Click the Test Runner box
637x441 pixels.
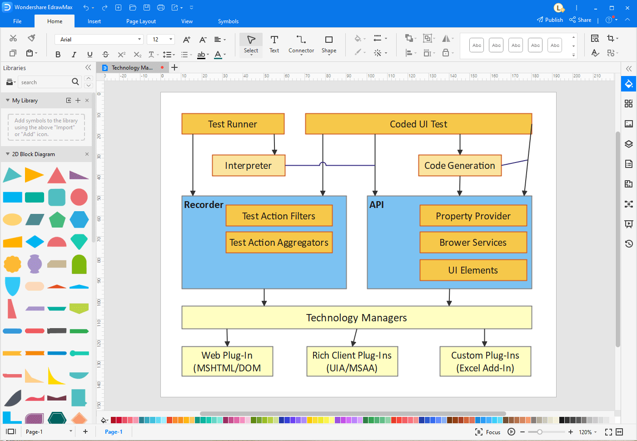click(233, 124)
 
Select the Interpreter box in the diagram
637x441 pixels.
click(248, 166)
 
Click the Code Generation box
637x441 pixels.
click(459, 166)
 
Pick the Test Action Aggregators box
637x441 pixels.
click(279, 243)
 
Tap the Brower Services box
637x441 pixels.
click(473, 243)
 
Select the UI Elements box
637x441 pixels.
click(473, 270)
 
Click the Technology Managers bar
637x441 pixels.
click(356, 318)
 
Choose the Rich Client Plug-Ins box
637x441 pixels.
click(352, 362)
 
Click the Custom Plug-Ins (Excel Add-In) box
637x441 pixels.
click(485, 362)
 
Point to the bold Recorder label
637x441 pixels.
click(204, 205)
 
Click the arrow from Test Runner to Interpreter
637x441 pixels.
click(274, 145)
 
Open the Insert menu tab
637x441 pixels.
click(94, 21)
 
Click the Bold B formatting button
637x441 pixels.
click(58, 55)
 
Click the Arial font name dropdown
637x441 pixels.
click(99, 40)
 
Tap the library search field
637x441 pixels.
click(45, 82)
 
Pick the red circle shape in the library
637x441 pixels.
click(79, 197)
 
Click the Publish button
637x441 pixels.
click(550, 20)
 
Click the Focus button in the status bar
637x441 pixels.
click(488, 432)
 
